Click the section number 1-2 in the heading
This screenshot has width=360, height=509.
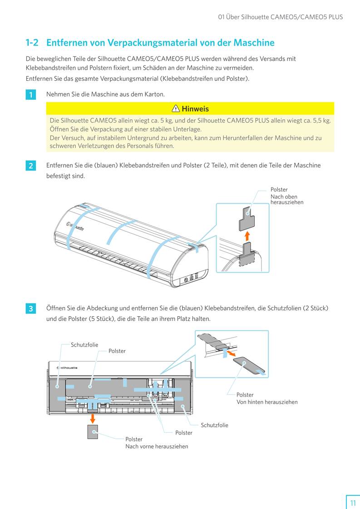click(32, 43)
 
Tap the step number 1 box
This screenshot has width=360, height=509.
click(30, 95)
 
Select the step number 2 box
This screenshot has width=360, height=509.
click(30, 166)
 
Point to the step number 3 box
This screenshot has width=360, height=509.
click(30, 309)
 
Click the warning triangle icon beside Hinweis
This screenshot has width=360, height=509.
click(176, 108)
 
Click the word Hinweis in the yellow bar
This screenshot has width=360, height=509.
click(195, 108)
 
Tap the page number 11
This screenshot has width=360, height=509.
click(353, 503)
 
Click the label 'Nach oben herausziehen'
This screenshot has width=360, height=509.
click(287, 199)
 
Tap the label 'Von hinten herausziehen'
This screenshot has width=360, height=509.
click(267, 402)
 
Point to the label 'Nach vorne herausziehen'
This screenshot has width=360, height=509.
click(157, 446)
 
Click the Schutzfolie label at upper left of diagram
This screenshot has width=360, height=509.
click(84, 345)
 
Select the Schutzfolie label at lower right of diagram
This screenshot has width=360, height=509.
click(214, 425)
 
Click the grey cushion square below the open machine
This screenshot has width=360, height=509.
click(93, 432)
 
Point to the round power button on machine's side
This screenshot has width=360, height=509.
click(186, 280)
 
